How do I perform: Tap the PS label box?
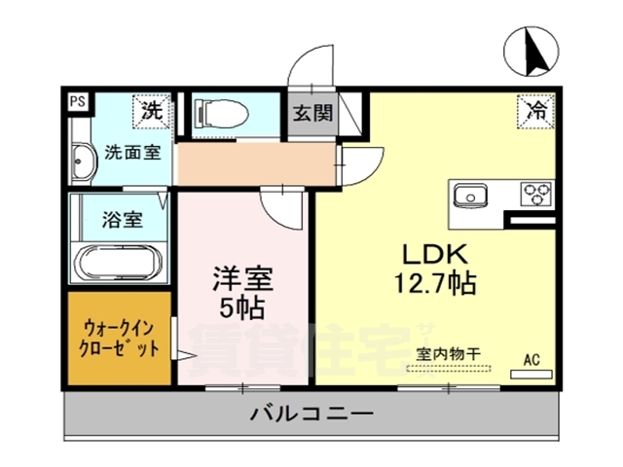pos(76,99)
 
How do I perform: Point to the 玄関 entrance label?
pos(311,112)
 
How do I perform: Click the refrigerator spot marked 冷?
pos(535,110)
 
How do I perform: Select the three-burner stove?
pos(534,193)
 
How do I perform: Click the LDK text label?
pos(438,254)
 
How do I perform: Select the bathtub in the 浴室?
pos(119,263)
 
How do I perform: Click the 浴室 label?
pos(122,219)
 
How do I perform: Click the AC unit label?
pos(531,359)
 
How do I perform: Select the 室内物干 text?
pos(449,355)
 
